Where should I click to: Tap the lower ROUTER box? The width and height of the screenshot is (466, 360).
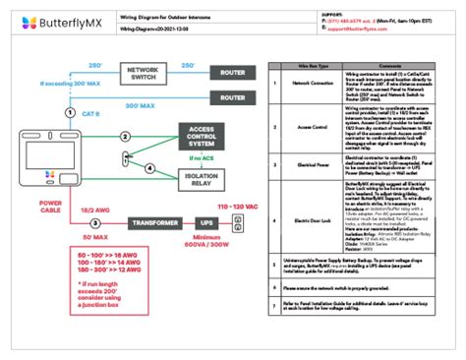[x=232, y=97]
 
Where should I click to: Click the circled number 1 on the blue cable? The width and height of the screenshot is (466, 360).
[x=69, y=113]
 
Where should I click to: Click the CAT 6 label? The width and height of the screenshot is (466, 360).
[x=90, y=114]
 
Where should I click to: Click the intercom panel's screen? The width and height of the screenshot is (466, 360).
[x=44, y=153]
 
